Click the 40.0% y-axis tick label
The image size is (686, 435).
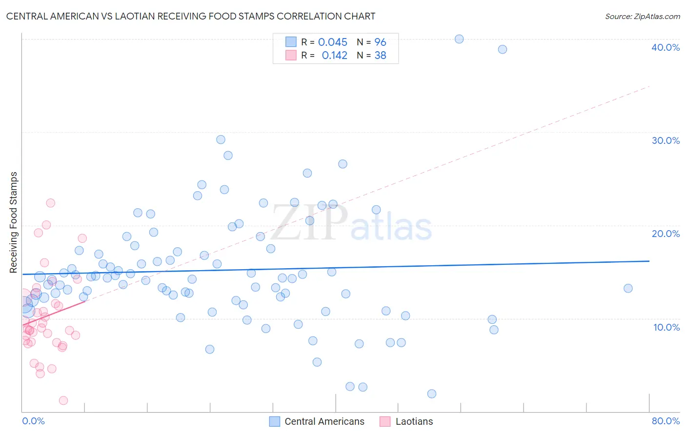tap(665, 47)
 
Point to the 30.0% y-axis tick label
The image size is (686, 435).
tap(665, 140)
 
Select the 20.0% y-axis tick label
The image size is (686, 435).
tap(665, 234)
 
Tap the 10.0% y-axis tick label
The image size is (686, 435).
tap(666, 327)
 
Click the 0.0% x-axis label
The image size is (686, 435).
tap(33, 421)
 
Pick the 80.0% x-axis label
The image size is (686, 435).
tap(666, 421)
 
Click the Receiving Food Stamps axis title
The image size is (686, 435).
tap(14, 222)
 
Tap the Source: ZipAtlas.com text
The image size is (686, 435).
tap(642, 17)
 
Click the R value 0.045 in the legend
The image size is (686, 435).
tap(332, 42)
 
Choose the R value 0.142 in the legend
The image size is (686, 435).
tap(334, 56)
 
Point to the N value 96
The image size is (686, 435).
tap(380, 42)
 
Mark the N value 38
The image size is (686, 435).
tap(380, 56)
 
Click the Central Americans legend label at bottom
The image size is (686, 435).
tap(324, 421)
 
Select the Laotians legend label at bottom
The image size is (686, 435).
tap(414, 421)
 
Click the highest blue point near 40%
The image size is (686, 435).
tap(459, 39)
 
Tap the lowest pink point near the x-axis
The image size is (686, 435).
tap(63, 400)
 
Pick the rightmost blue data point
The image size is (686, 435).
tap(628, 288)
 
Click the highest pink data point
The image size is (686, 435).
tap(50, 203)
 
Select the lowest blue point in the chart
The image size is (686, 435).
tap(431, 394)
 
